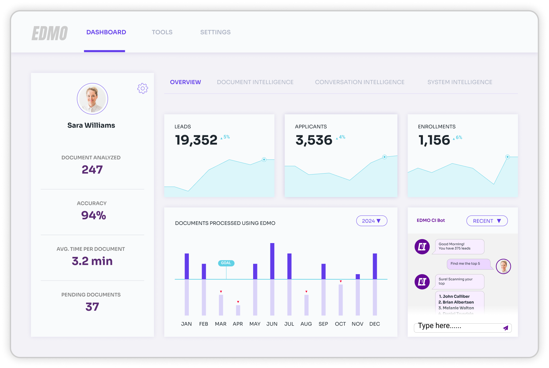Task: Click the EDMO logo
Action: coord(50,33)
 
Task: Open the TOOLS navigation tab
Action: coord(162,32)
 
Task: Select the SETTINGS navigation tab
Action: coord(215,32)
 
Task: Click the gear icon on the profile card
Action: coord(143,89)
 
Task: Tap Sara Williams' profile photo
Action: coord(92,99)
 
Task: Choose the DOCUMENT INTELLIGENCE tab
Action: coord(255,82)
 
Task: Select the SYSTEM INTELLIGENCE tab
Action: coord(459,82)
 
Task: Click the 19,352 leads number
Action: coord(196,140)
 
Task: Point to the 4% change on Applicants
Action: coord(342,137)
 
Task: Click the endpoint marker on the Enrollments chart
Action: coord(507,157)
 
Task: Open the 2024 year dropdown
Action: coord(372,221)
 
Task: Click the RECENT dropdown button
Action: coord(487,221)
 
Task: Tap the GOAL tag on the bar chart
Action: coord(226,263)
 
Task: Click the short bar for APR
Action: coord(238,310)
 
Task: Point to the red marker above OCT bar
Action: coord(341,281)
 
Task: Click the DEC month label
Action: coord(374,324)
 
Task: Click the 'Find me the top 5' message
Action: coord(465,264)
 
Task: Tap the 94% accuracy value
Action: coord(93,215)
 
